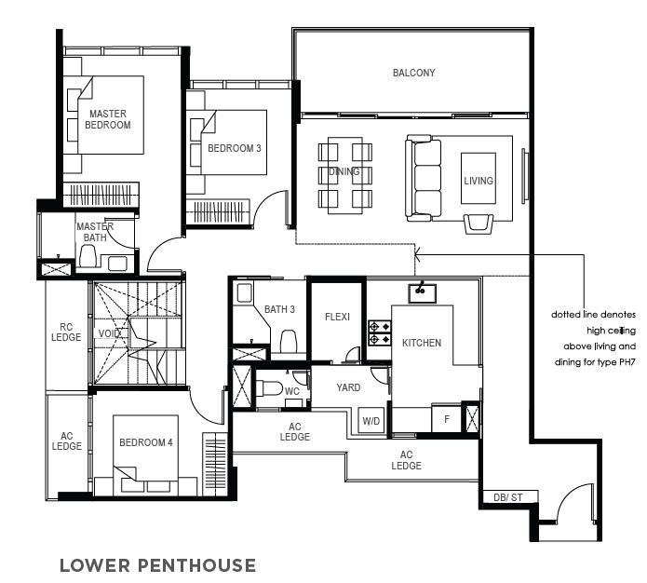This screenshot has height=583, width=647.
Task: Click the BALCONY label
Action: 413,73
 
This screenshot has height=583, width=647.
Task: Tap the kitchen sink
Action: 422,293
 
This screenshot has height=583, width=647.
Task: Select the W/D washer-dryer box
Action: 371,421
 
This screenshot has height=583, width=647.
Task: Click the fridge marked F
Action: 447,419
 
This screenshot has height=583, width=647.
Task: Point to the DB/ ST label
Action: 508,497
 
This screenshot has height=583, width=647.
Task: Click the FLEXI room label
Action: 337,317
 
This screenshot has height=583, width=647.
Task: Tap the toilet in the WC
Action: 269,388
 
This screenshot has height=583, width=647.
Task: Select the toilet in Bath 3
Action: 288,342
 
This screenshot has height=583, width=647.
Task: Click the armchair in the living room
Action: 479,224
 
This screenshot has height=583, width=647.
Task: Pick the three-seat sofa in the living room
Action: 423,179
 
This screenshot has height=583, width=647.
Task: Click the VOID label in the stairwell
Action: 109,333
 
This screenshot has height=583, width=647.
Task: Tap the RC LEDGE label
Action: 66,332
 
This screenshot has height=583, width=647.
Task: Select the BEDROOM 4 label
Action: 145,442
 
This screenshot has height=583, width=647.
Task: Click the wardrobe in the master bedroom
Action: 101,194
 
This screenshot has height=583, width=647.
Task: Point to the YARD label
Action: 348,387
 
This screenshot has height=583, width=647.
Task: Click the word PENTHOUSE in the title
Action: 196,565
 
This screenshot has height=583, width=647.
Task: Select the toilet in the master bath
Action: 88,256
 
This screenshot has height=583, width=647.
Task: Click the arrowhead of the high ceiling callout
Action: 418,254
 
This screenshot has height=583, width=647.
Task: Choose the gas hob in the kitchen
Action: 379,332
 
